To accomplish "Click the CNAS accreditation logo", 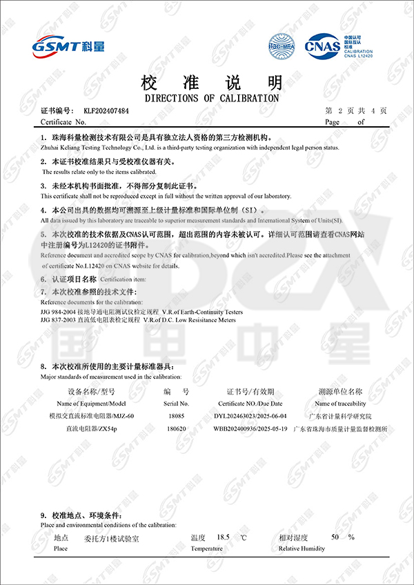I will (322, 46).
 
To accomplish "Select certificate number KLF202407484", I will (106, 110).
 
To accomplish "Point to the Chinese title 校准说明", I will (211, 83).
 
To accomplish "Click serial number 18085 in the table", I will (177, 416).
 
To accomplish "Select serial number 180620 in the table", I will (177, 428).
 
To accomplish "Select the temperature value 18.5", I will (222, 537).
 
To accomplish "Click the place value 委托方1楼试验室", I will (111, 538).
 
